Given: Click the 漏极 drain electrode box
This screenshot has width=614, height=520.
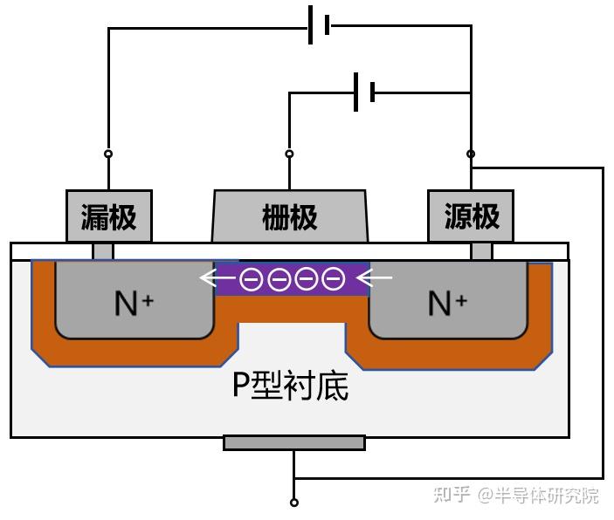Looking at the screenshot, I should tap(109, 216).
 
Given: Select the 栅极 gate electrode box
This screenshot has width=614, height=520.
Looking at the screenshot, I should tap(290, 216).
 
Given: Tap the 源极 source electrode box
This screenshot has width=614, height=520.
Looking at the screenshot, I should tap(471, 216).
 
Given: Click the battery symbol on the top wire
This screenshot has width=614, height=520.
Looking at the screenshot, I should tap(319, 24).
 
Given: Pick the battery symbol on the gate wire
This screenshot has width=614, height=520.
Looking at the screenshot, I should tap(364, 92).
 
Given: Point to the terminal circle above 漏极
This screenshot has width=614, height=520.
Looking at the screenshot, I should tap(108, 154).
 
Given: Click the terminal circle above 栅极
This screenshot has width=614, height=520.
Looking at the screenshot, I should tap(290, 154).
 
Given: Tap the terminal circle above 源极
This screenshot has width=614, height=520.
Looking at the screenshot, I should tap(471, 154).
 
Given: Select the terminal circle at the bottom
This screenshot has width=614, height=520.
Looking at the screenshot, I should tap(294, 503).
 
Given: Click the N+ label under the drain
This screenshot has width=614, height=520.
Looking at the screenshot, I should tap(134, 304).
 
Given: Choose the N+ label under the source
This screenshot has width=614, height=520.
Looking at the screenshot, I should tap(447, 304).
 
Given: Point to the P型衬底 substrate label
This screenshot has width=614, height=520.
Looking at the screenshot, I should tap(290, 384).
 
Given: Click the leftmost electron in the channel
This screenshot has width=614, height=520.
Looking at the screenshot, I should tap(252, 279).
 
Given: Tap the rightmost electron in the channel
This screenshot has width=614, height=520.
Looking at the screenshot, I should tap(333, 279).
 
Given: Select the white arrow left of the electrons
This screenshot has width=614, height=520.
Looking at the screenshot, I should tap(218, 279).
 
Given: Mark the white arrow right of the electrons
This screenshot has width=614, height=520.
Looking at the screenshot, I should tap(376, 279).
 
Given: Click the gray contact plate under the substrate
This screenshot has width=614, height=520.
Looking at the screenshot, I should tap(294, 442).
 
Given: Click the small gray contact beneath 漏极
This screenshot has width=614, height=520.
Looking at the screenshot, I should tap(103, 251).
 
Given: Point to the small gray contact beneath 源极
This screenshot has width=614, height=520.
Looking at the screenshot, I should tap(481, 251).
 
